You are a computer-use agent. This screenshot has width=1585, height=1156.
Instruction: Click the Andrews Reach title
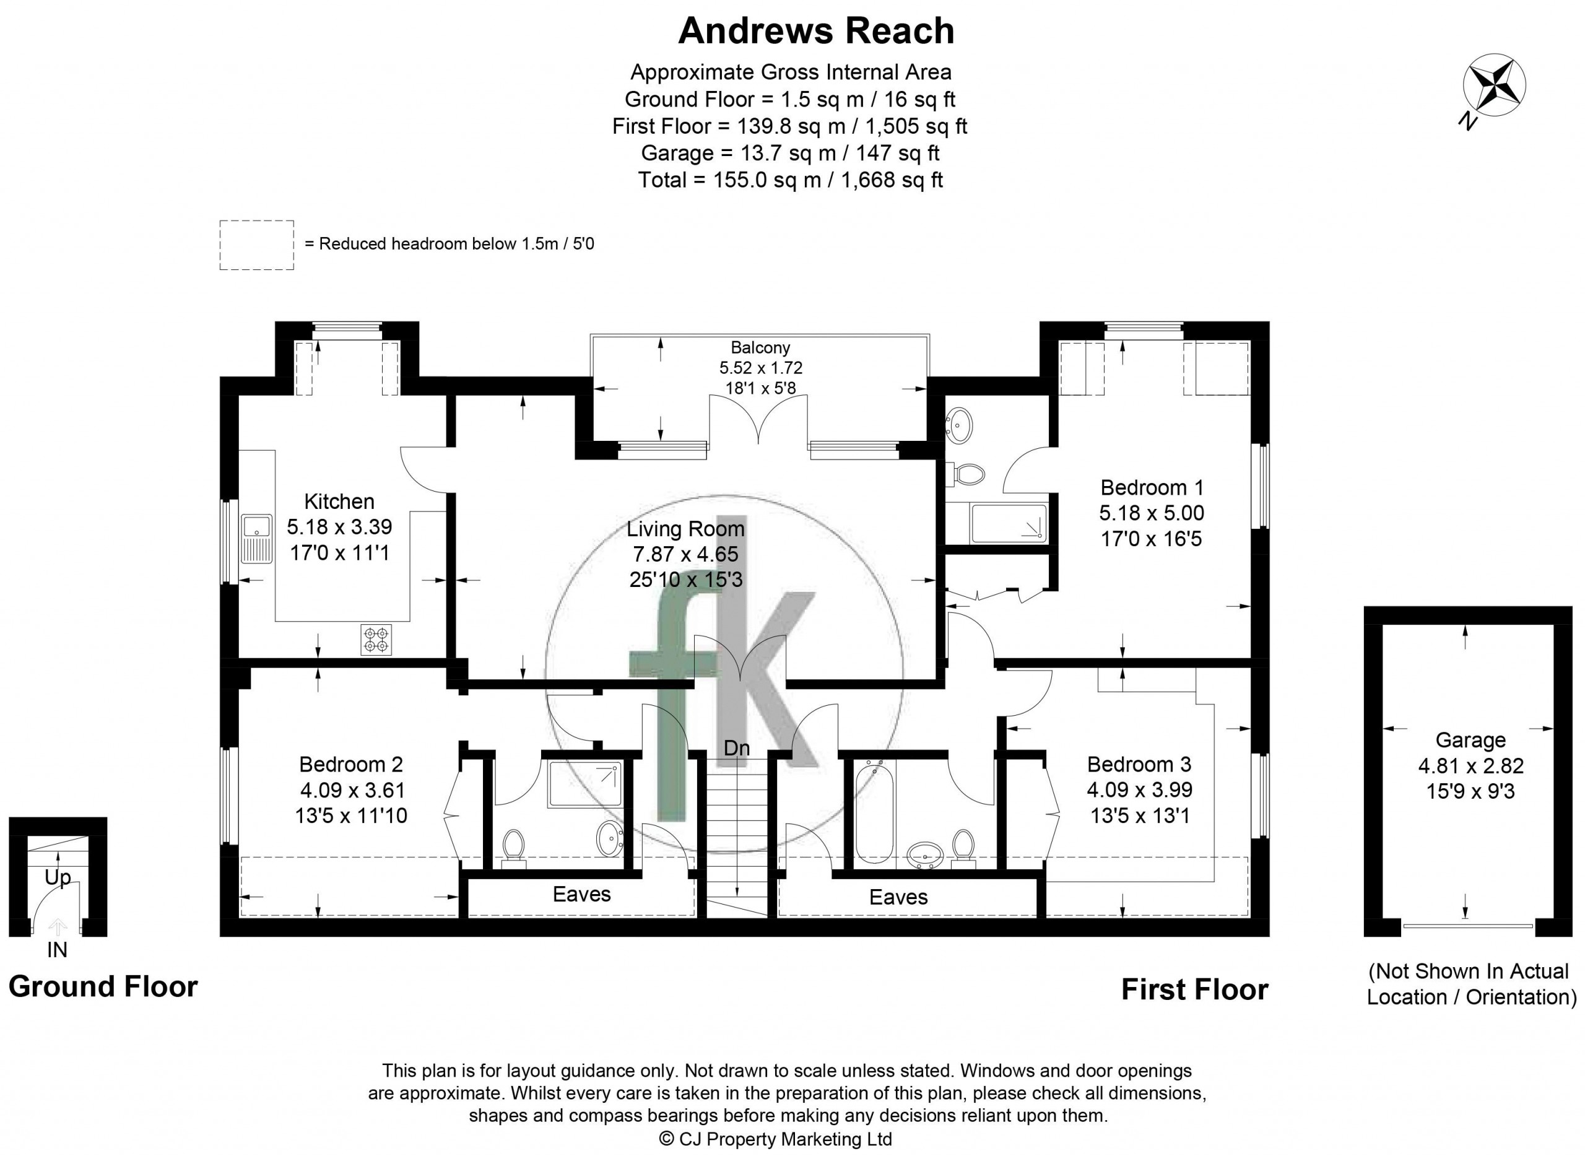pyautogui.click(x=816, y=31)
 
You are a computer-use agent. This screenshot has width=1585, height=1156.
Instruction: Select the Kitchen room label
pyautogui.click(x=339, y=501)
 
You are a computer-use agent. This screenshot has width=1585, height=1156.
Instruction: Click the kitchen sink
pyautogui.click(x=257, y=539)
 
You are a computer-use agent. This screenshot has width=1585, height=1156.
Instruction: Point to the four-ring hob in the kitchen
pyautogui.click(x=376, y=639)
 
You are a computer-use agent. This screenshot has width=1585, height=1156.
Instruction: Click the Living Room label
pyautogui.click(x=685, y=528)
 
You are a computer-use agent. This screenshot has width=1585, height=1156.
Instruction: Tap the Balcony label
pyautogui.click(x=761, y=347)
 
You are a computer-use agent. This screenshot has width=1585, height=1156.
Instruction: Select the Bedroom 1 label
pyautogui.click(x=1152, y=487)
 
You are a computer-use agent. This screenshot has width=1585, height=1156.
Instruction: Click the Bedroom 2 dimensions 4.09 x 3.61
pyautogui.click(x=353, y=790)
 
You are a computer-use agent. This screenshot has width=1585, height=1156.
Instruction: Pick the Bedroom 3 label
pyautogui.click(x=1139, y=763)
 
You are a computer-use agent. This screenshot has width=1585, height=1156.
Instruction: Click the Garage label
pyautogui.click(x=1470, y=740)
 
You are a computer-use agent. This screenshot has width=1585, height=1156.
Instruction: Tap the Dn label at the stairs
pyautogui.click(x=737, y=748)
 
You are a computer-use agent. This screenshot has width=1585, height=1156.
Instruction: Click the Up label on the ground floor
pyautogui.click(x=58, y=877)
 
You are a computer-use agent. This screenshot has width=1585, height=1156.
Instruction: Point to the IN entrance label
pyautogui.click(x=58, y=950)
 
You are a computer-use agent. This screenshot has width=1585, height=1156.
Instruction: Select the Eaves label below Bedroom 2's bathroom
pyautogui.click(x=581, y=893)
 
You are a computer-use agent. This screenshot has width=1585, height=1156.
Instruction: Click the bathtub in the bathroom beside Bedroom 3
pyautogui.click(x=875, y=813)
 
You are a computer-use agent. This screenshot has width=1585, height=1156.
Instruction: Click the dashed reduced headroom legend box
pyautogui.click(x=257, y=245)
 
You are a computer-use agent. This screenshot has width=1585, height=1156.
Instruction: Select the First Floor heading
pyautogui.click(x=1194, y=989)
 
